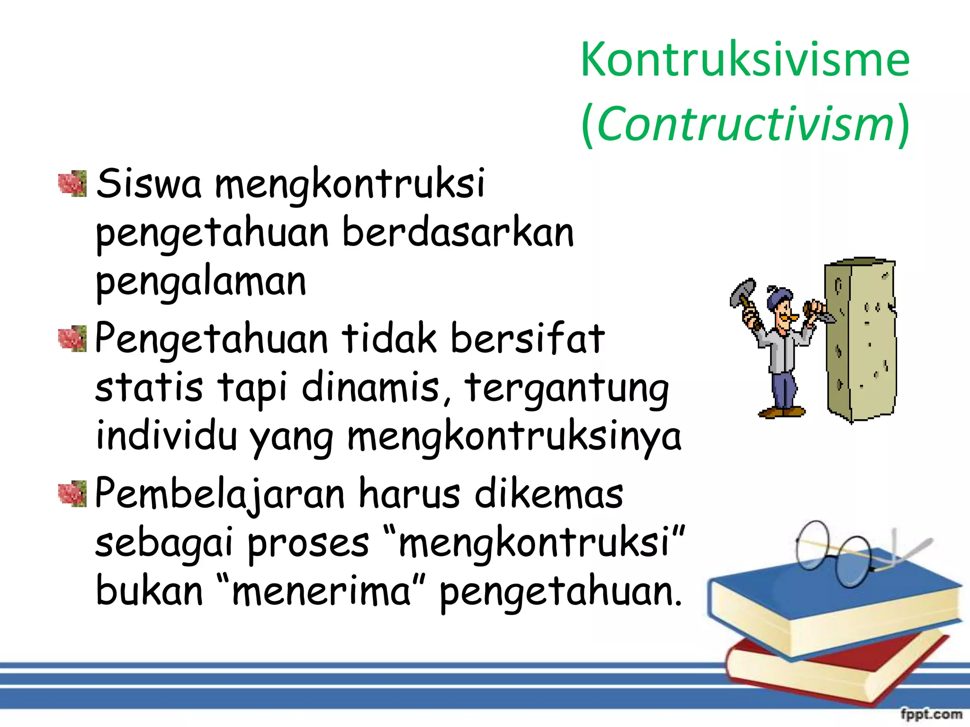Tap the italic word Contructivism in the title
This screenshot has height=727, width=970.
tap(745, 124)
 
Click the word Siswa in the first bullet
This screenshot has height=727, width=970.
tap(149, 184)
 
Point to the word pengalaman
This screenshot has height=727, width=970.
tap(201, 282)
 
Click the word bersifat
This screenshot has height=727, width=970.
tap(527, 338)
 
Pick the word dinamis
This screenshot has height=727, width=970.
tap(371, 387)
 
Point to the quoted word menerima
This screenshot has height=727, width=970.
tap(322, 592)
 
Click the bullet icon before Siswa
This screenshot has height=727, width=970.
tap(72, 184)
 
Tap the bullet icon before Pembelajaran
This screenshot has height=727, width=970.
tap(72, 494)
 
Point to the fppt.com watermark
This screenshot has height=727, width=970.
tap(931, 713)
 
